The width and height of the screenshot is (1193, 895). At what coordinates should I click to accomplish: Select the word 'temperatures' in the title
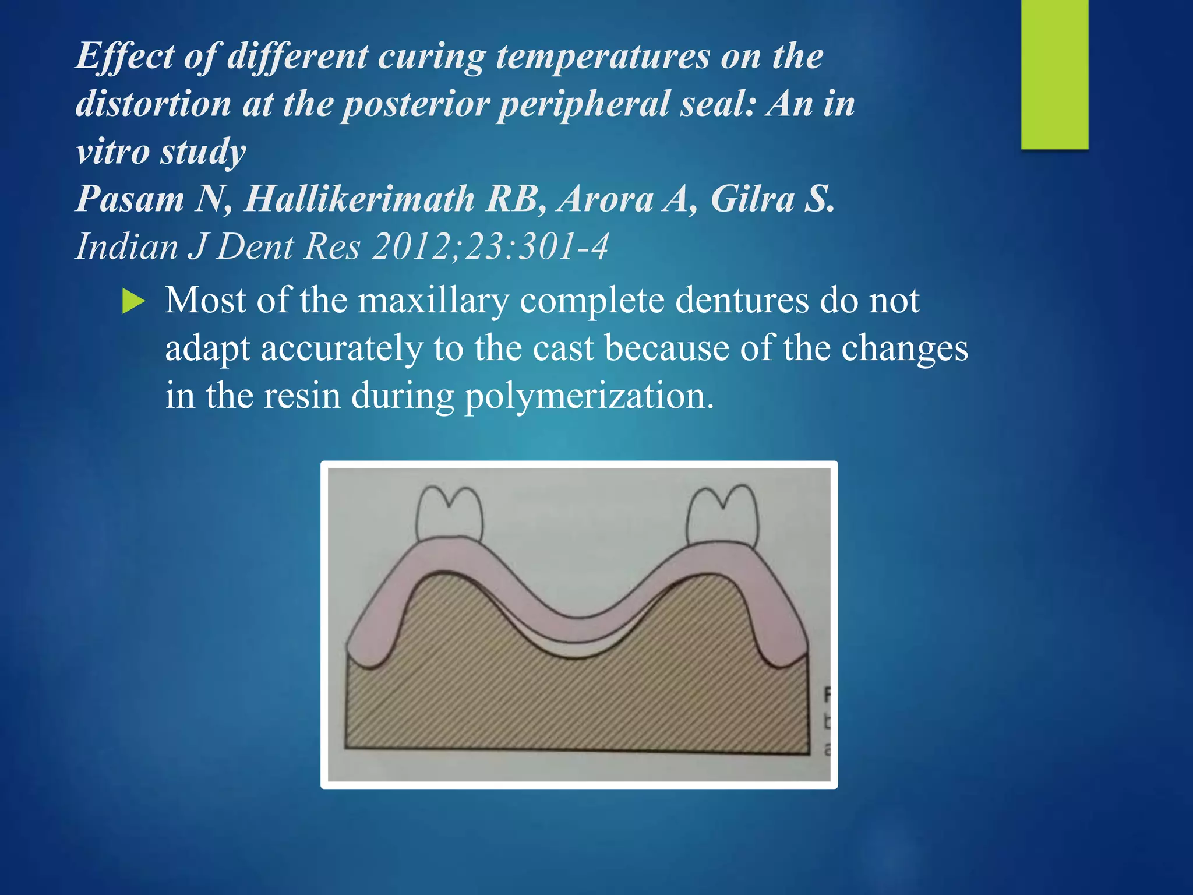point(603,57)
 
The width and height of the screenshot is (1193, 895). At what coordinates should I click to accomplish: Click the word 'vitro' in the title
point(113,151)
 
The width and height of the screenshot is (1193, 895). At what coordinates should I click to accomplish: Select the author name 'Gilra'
point(753,199)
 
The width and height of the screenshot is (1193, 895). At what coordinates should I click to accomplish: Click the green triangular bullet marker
point(133,302)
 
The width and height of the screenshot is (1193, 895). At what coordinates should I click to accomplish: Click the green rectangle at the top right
point(1054,74)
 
